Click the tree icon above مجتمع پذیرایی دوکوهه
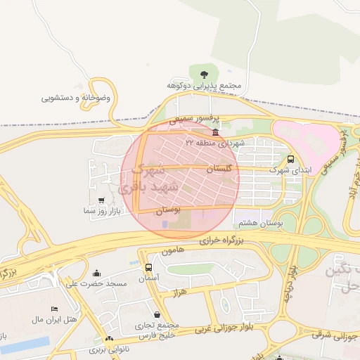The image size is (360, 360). (x=204, y=73)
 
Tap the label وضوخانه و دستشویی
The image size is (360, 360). (x=76, y=98)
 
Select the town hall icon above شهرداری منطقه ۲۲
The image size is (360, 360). (x=214, y=131)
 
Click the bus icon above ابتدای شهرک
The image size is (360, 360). (x=291, y=159)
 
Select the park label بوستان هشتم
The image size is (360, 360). (x=260, y=223)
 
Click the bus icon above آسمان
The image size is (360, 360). (x=148, y=267)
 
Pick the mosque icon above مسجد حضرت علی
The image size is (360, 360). (x=96, y=273)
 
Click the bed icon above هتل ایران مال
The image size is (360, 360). (x=54, y=309)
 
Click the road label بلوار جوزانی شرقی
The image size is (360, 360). (x=336, y=337)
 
